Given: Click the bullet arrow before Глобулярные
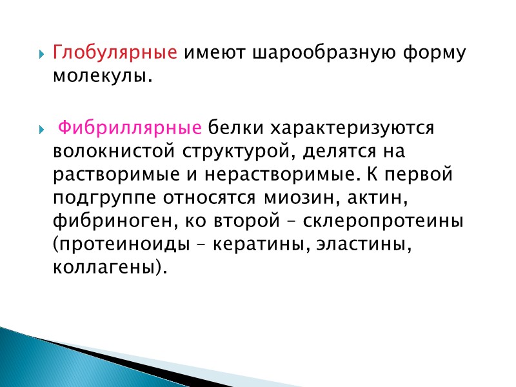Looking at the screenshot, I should coord(43,53).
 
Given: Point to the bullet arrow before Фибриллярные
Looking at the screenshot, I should coord(43,128).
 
